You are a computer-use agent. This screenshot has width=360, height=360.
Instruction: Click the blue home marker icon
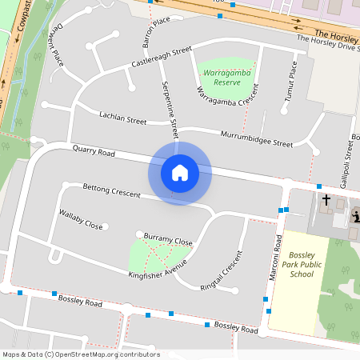179,173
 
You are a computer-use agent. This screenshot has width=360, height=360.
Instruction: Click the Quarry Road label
94,151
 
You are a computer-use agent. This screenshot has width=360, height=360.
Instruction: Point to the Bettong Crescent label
111,190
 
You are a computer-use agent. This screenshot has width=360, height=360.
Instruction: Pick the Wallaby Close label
81,219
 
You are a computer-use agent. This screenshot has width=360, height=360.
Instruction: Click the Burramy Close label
168,239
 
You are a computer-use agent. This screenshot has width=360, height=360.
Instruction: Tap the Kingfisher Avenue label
158,269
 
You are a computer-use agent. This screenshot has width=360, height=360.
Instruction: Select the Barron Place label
156,30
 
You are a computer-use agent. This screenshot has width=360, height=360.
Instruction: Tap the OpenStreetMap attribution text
81,354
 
